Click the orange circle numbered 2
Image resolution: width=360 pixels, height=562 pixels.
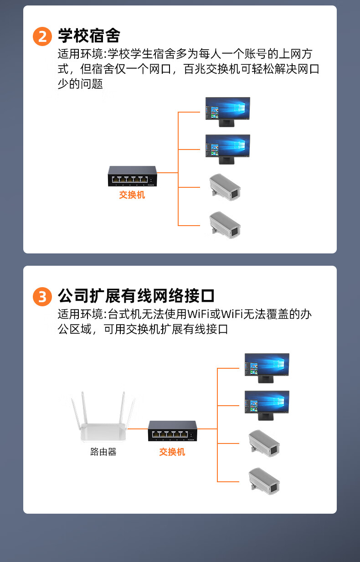coord(42,36)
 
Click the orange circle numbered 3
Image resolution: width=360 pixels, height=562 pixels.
coord(42,297)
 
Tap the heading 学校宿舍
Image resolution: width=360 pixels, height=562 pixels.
coord(89,36)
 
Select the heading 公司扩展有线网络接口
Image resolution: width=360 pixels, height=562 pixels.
coord(136,296)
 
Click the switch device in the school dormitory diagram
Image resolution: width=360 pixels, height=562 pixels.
coord(133,176)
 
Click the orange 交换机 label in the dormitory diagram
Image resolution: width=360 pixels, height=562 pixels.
coord(132,195)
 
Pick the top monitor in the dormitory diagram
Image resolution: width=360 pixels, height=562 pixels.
coord(228,112)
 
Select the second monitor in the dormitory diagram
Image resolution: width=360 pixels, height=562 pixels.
coord(228,150)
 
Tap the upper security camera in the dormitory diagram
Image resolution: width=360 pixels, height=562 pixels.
coord(225,187)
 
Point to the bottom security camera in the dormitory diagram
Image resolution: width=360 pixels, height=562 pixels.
coord(225,225)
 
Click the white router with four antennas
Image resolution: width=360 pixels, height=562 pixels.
coord(103,417)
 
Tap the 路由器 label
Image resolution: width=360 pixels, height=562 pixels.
coord(103,452)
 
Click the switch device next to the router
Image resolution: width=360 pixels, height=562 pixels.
coord(173,431)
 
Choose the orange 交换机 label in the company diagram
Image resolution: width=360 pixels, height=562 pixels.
coord(172,452)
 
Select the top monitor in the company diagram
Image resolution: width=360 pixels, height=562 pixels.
coord(267,368)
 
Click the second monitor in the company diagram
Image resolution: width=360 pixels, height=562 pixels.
coord(267,406)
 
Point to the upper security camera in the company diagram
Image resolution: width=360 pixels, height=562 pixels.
coord(264,443)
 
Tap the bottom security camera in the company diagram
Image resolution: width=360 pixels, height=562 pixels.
coord(264,481)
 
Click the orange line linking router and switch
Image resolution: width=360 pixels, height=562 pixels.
coord(138,429)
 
